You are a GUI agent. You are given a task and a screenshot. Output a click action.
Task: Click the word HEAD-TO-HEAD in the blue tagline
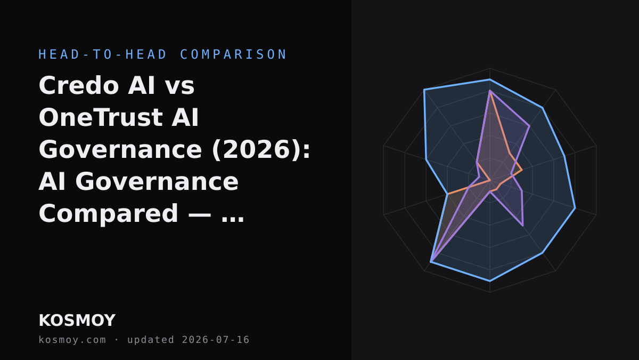pos(103,54)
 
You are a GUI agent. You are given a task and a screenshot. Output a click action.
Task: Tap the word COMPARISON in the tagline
pos(233,54)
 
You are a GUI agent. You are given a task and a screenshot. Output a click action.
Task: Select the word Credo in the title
pos(79,85)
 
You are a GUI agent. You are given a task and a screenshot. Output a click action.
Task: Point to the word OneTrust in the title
pos(101,117)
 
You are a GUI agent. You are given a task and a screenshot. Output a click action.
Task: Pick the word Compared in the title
pos(109,214)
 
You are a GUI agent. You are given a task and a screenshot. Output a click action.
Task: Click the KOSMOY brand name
pos(77,321)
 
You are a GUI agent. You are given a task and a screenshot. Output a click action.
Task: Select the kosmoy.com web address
pos(72,340)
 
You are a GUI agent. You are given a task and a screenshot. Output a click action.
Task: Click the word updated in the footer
pos(151,340)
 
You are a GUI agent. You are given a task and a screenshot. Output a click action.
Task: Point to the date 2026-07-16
pos(216,340)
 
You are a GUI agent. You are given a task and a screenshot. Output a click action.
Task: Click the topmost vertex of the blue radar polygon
pos(490,79)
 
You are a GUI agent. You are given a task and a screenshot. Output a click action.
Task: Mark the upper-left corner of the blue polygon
pos(424,90)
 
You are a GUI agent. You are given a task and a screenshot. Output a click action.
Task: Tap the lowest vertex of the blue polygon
pos(490,281)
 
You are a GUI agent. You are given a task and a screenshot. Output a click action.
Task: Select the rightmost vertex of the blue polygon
pos(575,208)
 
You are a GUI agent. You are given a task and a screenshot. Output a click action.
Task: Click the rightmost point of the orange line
pos(522,170)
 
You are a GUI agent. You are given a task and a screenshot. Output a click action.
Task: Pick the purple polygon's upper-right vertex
pos(529,126)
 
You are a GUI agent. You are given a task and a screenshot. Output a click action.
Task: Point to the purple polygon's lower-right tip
pos(523,226)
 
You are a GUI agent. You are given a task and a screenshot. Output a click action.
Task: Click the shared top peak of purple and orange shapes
pos(490,91)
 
